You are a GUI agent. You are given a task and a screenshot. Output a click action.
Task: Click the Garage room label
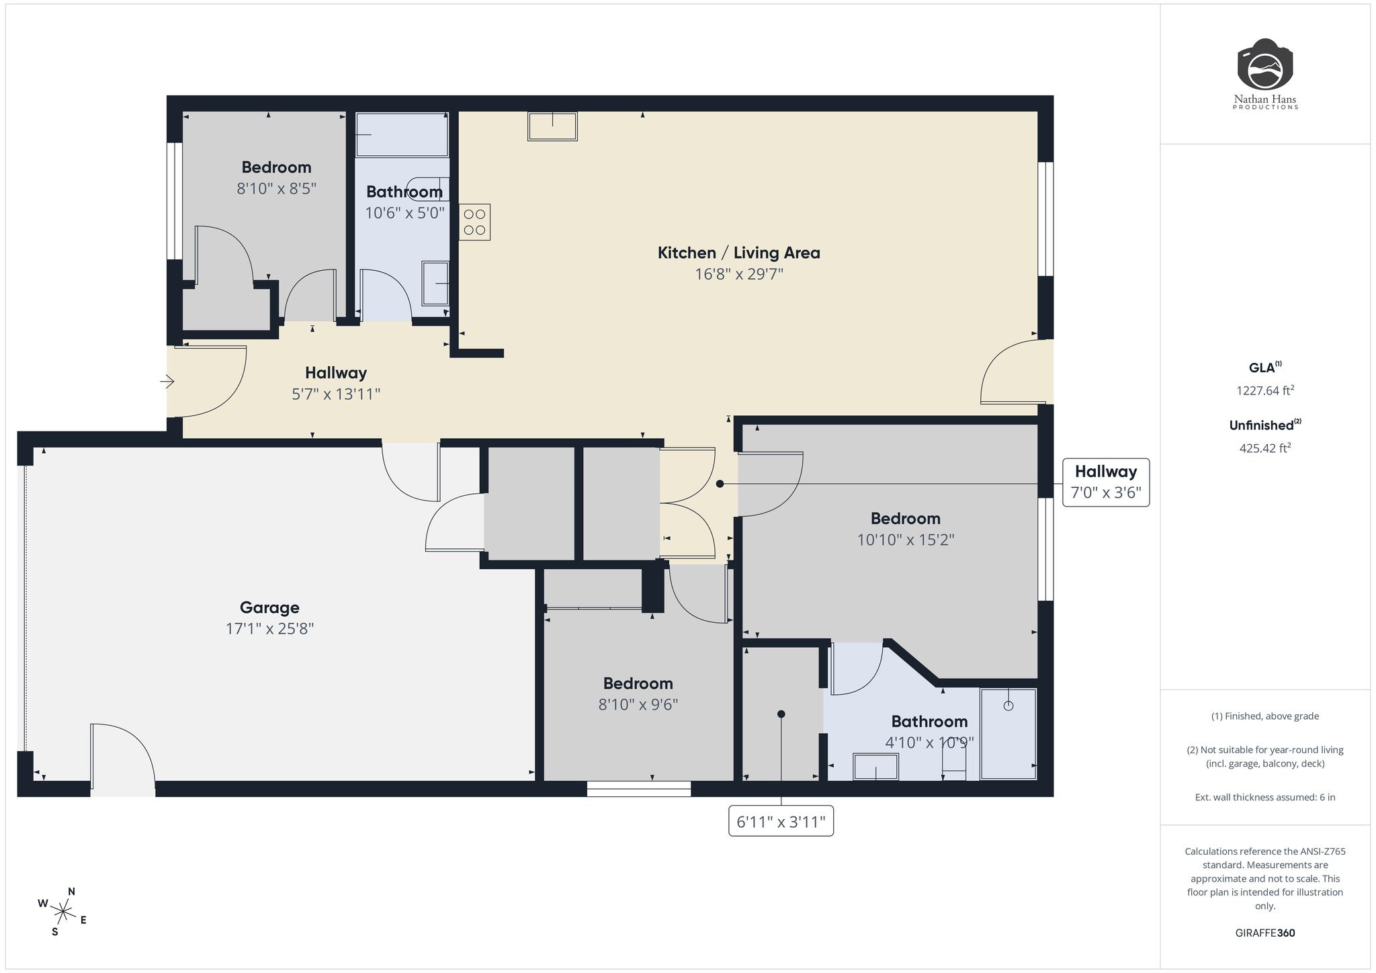click(269, 607)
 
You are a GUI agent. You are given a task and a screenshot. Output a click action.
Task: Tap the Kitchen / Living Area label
click(738, 253)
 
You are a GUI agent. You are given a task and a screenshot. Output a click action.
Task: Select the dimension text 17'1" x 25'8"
click(269, 629)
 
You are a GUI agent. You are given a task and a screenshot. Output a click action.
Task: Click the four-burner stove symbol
click(474, 222)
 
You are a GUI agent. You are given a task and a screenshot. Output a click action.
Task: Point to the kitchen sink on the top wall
click(552, 126)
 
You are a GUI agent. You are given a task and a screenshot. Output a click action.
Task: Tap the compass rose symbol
click(62, 912)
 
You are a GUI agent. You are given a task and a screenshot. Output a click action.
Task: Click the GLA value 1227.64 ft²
click(1265, 390)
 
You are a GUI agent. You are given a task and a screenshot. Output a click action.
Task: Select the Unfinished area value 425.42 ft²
click(1265, 448)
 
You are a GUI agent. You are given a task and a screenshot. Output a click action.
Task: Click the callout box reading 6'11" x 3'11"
click(781, 821)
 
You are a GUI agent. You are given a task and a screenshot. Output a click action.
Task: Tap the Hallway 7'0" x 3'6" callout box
click(1105, 482)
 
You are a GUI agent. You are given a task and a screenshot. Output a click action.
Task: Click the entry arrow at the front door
click(167, 382)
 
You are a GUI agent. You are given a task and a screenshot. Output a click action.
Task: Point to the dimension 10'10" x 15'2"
click(905, 540)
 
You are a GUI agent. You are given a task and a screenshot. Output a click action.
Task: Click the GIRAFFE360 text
click(1265, 933)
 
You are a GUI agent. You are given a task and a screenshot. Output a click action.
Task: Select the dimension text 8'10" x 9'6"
click(638, 705)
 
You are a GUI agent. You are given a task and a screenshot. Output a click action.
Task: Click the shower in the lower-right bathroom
click(1008, 734)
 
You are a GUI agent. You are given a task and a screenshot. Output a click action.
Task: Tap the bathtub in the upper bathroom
click(402, 134)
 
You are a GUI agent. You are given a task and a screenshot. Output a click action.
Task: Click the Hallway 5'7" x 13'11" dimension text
click(336, 394)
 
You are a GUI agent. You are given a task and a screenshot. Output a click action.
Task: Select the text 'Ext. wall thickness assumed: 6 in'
click(1265, 798)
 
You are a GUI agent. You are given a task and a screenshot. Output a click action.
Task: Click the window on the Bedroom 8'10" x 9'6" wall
click(638, 789)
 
